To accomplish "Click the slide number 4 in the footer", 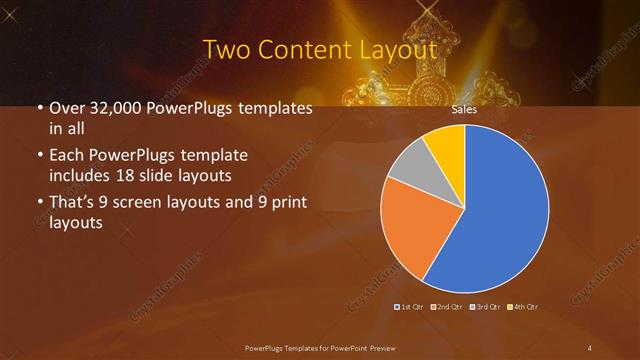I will [589, 347].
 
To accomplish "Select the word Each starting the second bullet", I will [66, 156].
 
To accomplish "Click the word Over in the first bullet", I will [67, 109].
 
